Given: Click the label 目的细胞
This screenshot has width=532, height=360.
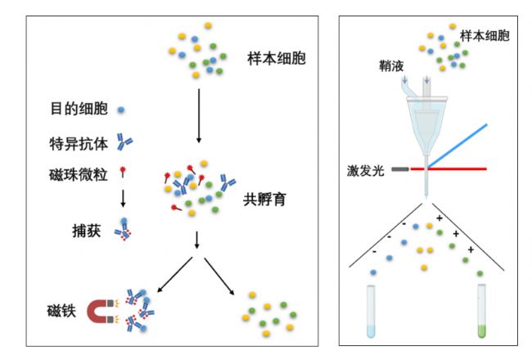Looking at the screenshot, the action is [79, 109].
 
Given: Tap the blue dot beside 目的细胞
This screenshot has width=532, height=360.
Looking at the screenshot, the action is [121, 110].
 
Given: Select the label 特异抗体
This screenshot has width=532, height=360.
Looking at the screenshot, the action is [79, 144].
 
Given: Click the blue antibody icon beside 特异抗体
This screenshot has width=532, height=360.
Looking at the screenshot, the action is [124, 142].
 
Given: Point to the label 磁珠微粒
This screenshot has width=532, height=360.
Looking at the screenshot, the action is [79, 174].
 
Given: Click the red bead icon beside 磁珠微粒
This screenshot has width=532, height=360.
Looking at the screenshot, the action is [123, 172].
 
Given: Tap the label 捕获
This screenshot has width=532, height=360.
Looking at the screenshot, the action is [87, 231].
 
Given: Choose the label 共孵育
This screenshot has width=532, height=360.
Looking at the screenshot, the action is [264, 199].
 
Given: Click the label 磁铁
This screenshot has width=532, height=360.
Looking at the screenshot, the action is [61, 310].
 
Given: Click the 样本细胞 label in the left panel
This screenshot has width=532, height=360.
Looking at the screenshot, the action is [277, 58].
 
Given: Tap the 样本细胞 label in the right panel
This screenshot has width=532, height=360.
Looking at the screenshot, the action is [485, 36].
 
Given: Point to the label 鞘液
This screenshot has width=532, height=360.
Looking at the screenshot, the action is [391, 65].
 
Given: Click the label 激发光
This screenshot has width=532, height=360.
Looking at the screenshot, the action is [365, 170].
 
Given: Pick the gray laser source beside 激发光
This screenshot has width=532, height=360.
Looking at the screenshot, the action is [400, 169].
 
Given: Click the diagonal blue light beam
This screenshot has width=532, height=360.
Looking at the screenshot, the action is [458, 146].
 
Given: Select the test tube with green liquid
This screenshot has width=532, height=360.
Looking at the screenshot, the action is [481, 311].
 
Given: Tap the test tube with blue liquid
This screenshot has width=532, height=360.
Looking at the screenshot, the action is [371, 312].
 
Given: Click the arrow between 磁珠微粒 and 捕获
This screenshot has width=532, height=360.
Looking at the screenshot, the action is [123, 198].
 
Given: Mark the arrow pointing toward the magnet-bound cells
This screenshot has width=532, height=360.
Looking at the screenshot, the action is [174, 274].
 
